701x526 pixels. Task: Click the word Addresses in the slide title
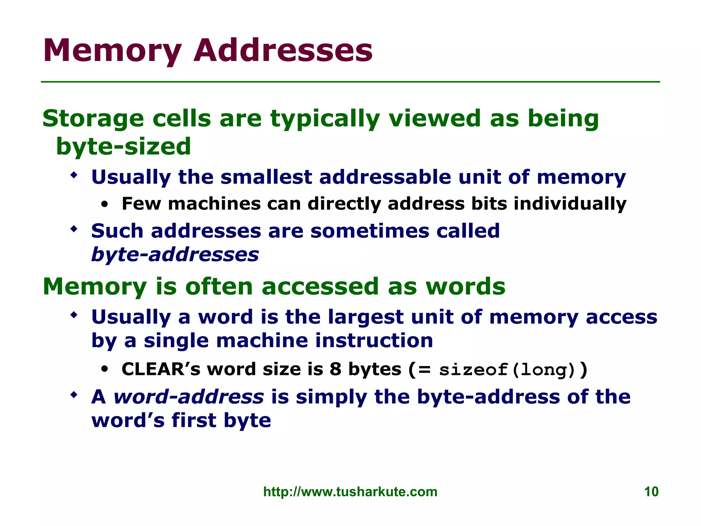pos(283,51)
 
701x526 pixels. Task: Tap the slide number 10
pos(651,492)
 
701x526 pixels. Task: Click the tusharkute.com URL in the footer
pos(350,492)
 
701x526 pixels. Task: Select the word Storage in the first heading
pos(93,119)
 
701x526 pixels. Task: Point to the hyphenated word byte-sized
pos(123,147)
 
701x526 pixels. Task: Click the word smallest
pos(266,177)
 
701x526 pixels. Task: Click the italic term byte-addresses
pos(175,255)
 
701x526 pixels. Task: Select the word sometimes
pos(370,231)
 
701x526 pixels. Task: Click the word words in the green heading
pos(466,286)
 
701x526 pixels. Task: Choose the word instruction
pos(374,341)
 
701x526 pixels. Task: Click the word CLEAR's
pos(161,370)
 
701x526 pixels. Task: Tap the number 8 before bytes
pos(335,370)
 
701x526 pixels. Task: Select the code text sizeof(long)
pos(507,370)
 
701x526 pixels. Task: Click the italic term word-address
pos(189,397)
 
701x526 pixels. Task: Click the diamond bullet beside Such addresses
pos(74,229)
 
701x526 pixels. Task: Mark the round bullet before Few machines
pos(105,205)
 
